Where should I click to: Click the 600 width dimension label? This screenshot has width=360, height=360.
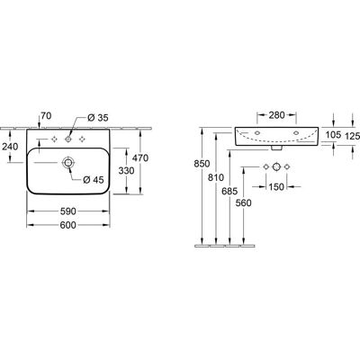(x=67, y=225)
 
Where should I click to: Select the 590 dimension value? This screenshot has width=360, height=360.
(x=67, y=211)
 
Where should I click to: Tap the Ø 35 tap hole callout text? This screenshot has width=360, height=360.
(x=98, y=118)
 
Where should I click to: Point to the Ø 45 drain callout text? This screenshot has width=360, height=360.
(x=94, y=180)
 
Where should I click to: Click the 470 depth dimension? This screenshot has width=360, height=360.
(x=141, y=157)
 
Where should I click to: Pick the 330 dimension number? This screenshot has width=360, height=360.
(x=126, y=171)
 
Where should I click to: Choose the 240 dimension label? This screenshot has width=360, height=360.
(x=10, y=147)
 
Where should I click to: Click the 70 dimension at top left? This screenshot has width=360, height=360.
(x=45, y=115)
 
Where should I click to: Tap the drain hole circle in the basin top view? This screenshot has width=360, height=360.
(x=67, y=163)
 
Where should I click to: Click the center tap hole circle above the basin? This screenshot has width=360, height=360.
(x=68, y=139)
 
